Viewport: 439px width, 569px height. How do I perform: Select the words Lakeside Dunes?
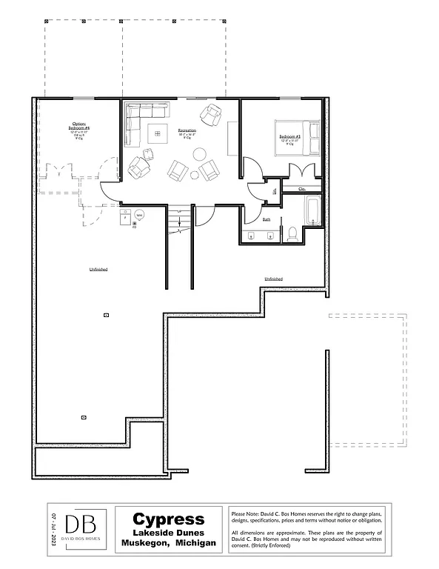(169, 533)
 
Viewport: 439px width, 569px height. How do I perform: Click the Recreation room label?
(187, 131)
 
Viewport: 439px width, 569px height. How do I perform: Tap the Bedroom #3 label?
(289, 138)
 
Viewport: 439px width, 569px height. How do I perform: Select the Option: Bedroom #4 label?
(78, 127)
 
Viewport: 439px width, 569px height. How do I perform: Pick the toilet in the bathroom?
(292, 234)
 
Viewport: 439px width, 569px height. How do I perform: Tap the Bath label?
(267, 219)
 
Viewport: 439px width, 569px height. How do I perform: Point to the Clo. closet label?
(302, 189)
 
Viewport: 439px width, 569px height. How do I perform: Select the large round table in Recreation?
(200, 154)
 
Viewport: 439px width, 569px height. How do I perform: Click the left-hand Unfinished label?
(98, 269)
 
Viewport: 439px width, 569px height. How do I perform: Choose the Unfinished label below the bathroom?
(273, 279)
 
